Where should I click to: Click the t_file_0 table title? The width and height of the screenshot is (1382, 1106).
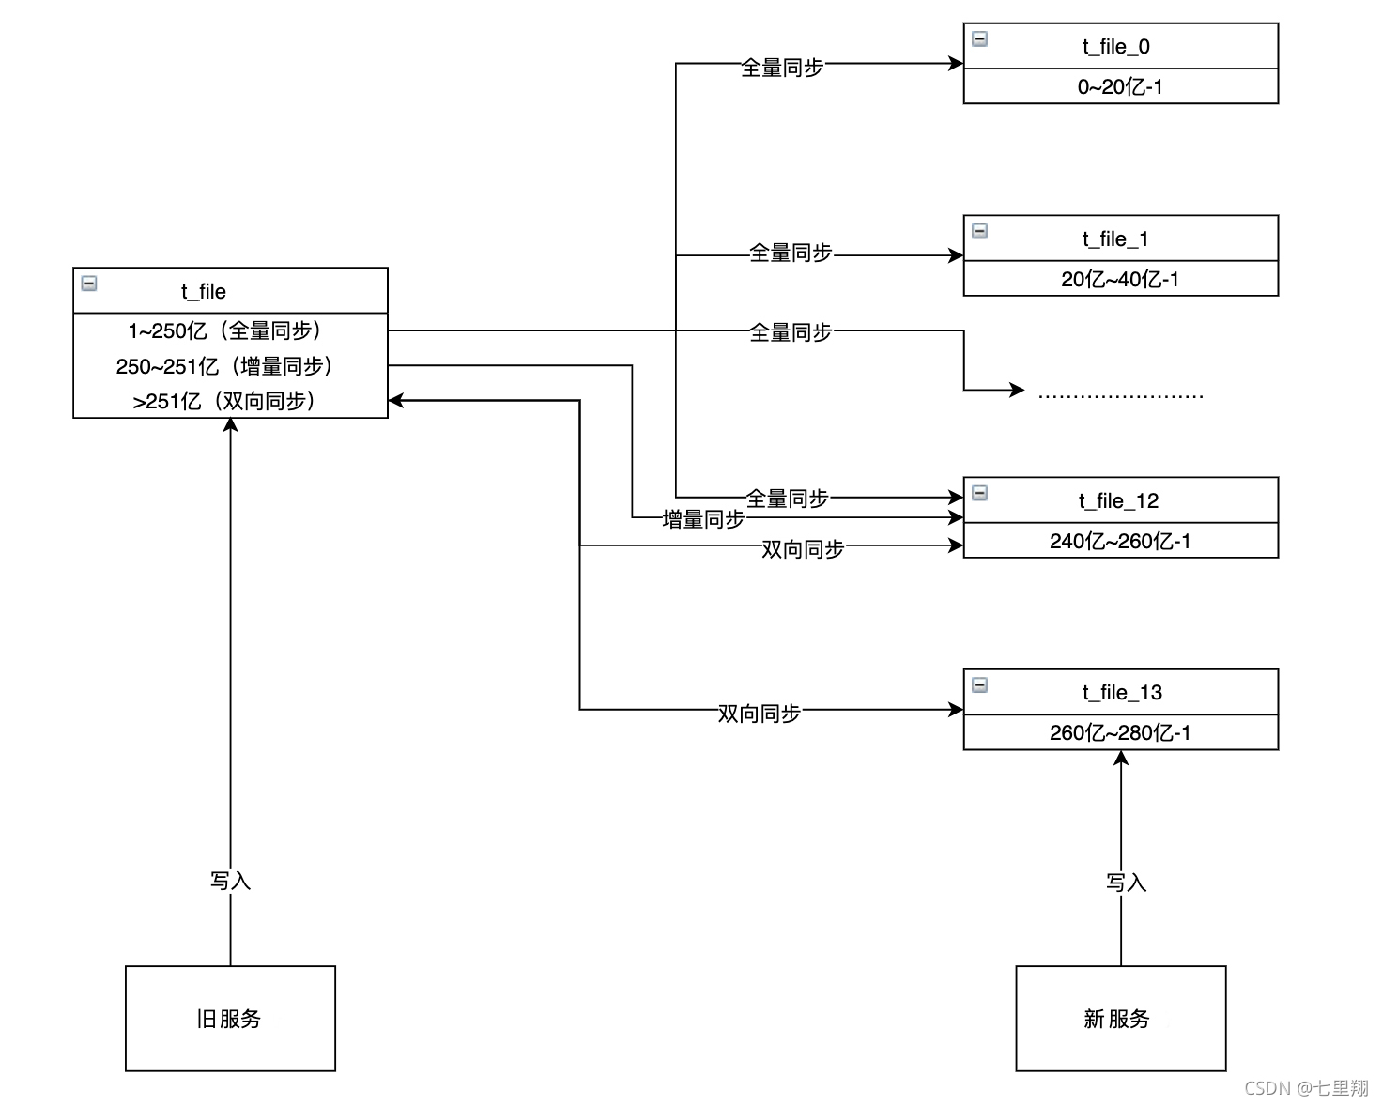click(x=1115, y=47)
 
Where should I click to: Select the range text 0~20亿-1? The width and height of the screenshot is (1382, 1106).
click(x=1120, y=87)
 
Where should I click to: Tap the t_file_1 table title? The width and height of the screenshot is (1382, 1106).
click(x=1115, y=239)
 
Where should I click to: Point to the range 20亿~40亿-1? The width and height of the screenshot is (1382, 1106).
click(x=1120, y=280)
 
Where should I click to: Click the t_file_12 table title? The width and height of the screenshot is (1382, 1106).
click(x=1118, y=501)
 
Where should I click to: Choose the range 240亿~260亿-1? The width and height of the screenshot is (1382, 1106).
click(x=1120, y=542)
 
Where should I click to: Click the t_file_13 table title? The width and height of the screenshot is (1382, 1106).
click(x=1121, y=693)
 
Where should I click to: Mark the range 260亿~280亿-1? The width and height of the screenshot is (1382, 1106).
click(x=1120, y=733)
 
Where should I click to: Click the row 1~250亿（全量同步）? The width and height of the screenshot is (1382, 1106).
click(x=225, y=330)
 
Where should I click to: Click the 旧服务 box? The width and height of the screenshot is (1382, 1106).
click(x=230, y=1019)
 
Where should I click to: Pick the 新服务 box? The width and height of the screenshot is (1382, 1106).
click(x=1120, y=1019)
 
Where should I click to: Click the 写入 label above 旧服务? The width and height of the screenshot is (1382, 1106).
click(x=230, y=881)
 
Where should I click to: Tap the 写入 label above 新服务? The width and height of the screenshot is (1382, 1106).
click(x=1126, y=883)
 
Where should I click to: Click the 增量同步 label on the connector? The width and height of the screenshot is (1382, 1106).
click(x=703, y=519)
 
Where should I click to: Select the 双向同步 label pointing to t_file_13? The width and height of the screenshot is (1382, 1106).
click(x=759, y=714)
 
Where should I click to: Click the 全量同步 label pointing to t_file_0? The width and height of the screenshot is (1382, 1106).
click(x=782, y=68)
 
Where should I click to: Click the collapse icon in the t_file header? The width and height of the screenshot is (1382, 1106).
click(x=89, y=283)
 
